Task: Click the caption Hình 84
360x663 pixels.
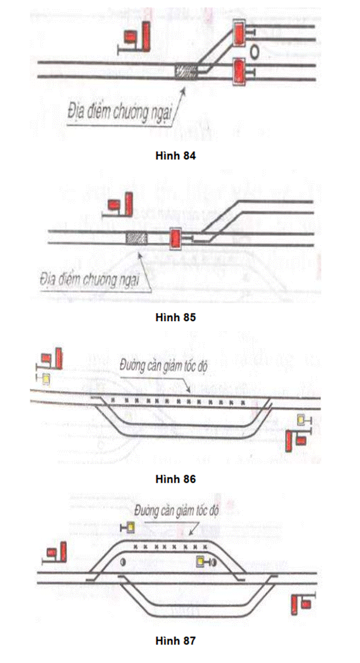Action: (x=175, y=156)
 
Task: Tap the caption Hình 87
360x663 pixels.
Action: (x=175, y=640)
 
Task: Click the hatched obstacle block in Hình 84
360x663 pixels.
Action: (x=186, y=71)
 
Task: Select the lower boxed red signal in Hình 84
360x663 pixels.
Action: (x=239, y=73)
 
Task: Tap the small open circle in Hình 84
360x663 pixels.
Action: (x=254, y=51)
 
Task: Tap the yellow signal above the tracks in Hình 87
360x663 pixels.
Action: (x=131, y=528)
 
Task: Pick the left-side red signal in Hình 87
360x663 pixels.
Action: (x=57, y=552)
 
